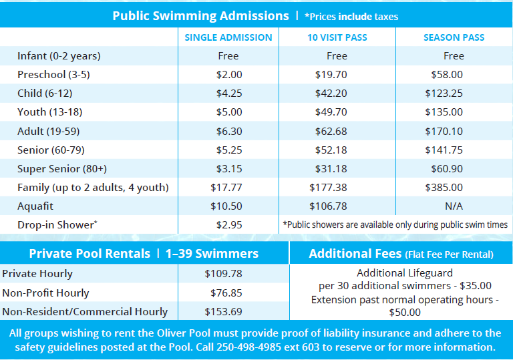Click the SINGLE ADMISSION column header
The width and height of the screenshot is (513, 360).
[228, 37]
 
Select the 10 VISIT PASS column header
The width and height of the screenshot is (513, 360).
[337, 37]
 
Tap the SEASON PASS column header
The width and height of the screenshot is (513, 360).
[454, 37]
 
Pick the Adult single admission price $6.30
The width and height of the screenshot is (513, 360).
[228, 132]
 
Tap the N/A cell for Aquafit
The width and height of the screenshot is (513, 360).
[454, 206]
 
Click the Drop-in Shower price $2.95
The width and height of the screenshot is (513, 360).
[228, 225]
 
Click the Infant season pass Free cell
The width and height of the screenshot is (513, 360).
[454, 56]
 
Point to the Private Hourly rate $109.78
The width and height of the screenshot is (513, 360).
[223, 274]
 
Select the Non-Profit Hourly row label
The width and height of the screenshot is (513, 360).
[45, 293]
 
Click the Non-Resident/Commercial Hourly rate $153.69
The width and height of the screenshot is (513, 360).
[223, 311]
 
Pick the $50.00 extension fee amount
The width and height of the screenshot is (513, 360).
[405, 312]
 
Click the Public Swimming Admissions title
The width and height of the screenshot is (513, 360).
[200, 15]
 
